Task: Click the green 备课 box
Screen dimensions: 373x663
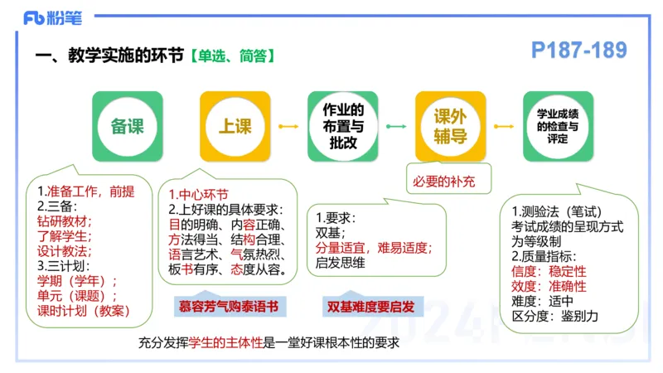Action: [127, 126]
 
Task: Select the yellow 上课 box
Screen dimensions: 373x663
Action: [235, 126]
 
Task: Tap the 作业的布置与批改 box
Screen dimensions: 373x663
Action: [342, 126]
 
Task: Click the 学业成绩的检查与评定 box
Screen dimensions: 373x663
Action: [558, 126]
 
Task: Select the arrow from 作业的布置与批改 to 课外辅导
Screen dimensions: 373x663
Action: [396, 126]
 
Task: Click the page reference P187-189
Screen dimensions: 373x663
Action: [578, 51]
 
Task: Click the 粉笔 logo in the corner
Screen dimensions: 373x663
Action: [51, 17]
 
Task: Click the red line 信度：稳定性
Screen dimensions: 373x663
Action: [548, 271]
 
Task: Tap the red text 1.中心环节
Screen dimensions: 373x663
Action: [198, 195]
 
